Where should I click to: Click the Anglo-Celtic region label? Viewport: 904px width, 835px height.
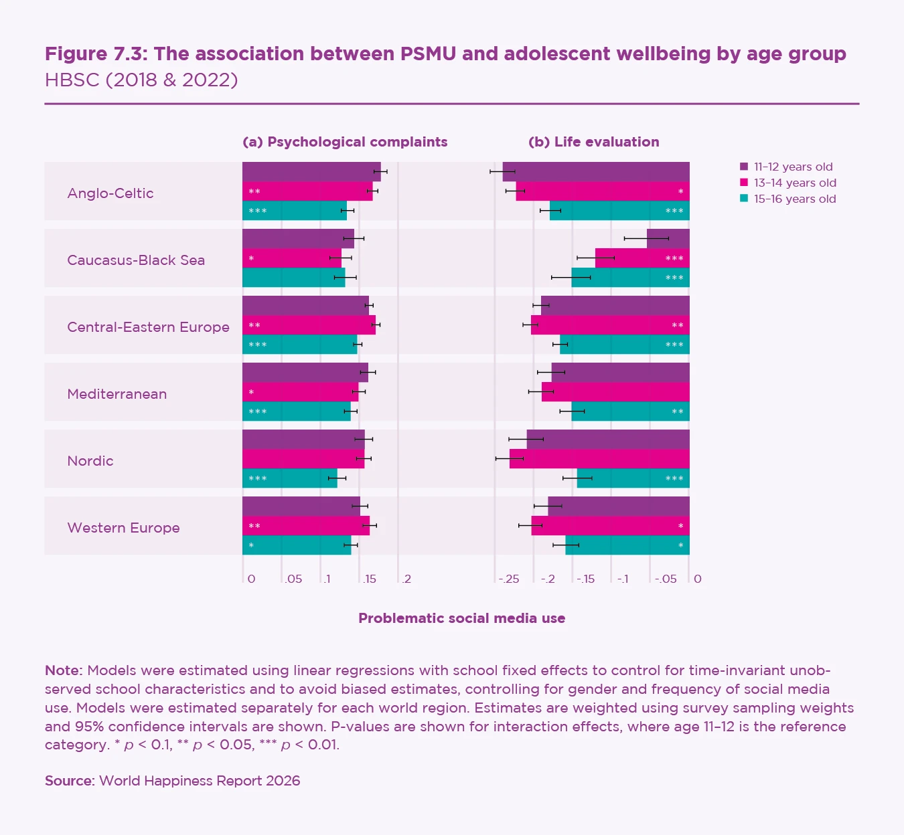[x=110, y=193]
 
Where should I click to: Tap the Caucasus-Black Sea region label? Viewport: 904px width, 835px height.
[x=136, y=260]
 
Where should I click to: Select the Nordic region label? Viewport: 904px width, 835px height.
[x=90, y=461]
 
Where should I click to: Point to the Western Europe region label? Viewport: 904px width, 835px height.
[x=123, y=528]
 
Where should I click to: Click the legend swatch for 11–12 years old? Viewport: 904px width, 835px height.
[x=744, y=167]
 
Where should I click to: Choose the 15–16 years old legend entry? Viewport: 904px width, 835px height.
[x=794, y=199]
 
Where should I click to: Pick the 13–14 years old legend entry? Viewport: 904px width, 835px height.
[x=794, y=183]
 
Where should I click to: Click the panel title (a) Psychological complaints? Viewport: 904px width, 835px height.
[x=345, y=142]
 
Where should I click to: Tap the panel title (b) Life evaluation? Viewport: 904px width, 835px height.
[x=594, y=142]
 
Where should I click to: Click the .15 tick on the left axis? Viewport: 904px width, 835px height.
[x=369, y=579]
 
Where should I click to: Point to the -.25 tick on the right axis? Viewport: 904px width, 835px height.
[x=509, y=579]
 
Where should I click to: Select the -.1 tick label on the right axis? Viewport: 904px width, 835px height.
[x=623, y=579]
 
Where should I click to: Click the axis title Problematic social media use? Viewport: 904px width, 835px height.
[x=462, y=618]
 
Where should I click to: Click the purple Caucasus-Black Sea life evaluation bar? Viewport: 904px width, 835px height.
[x=668, y=238]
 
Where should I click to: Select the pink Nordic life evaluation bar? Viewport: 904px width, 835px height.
[x=599, y=459]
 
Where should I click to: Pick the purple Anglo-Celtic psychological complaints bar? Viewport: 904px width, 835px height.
[x=311, y=171]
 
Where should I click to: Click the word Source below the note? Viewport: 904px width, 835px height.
[x=69, y=781]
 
